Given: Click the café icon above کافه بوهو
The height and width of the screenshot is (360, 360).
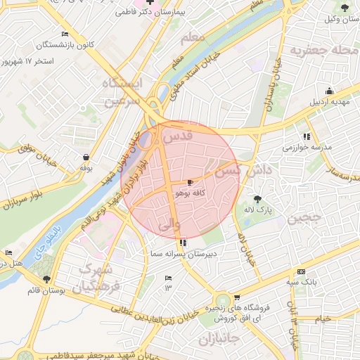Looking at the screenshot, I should tap(191, 182).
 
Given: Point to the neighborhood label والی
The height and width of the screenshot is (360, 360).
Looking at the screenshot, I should tap(170, 225).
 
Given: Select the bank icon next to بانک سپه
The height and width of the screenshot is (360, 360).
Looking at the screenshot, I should tap(302, 272).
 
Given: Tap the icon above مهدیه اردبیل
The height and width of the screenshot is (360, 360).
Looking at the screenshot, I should tap(329, 91).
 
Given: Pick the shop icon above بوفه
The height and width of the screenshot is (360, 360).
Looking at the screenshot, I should tap(86, 157).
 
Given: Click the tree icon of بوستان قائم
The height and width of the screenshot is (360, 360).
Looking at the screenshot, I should tap(46, 279).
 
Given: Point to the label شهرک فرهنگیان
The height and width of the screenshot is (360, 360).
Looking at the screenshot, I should tap(100, 278).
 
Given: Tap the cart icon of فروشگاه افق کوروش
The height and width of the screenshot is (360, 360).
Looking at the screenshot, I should tap(237, 297).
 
